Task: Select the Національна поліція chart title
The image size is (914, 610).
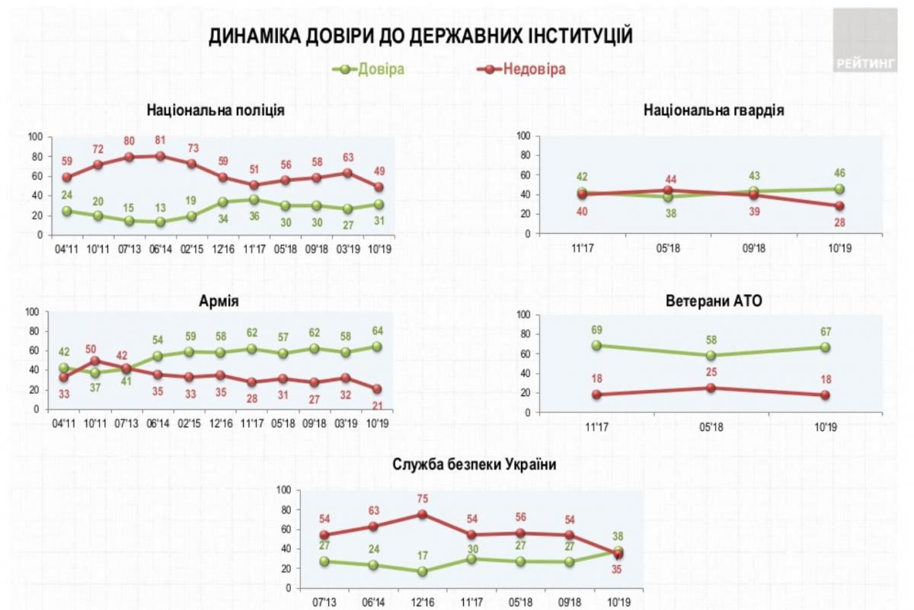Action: tap(216, 110)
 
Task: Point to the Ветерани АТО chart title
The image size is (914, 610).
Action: tap(714, 301)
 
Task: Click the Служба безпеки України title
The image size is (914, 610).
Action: tap(469, 465)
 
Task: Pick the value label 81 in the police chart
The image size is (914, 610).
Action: tap(159, 140)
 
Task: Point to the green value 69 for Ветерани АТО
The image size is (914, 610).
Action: tap(596, 330)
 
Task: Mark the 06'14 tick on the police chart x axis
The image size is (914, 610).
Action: tap(159, 248)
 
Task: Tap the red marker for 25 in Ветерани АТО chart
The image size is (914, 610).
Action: tap(711, 388)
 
